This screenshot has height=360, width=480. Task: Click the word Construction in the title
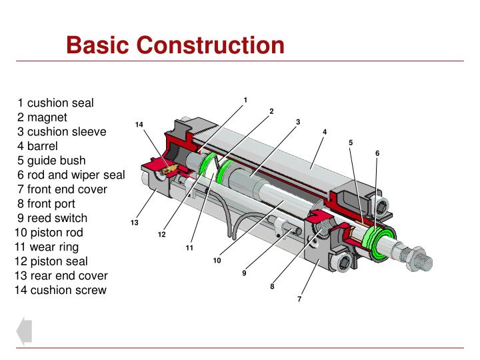pos(211,45)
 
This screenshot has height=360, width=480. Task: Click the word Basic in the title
pos(100,45)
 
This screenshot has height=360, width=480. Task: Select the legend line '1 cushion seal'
pos(56,103)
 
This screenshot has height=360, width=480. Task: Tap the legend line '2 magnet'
pos(43,117)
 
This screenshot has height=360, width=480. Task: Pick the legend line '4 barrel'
pos(38,146)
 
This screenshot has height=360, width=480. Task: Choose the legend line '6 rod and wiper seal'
pos(71,175)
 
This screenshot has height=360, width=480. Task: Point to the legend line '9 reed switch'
pos(53,218)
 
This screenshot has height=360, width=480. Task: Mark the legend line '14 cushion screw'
pos(60,290)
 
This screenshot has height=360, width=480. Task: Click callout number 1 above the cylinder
pos(245,100)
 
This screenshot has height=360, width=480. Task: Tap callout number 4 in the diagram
pos(325,132)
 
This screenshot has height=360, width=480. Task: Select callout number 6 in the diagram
pos(377,153)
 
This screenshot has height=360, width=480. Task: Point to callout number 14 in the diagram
pos(139,125)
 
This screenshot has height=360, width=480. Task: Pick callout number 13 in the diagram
pos(134,222)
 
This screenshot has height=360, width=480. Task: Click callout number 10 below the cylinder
pos(217,261)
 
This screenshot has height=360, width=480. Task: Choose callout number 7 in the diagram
pos(299,299)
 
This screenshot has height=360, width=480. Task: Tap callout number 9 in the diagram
pos(244,273)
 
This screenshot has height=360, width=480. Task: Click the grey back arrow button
pos(24,331)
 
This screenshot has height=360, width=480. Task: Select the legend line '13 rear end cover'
pos(61,275)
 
